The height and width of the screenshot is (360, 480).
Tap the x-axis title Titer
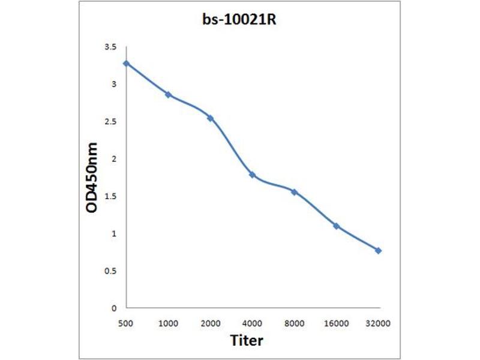[247, 341]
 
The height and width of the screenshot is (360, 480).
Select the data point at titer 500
[126, 63]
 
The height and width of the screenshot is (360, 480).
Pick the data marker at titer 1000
[168, 95]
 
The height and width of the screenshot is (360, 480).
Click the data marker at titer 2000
[210, 118]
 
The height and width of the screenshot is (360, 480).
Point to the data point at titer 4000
[252, 175]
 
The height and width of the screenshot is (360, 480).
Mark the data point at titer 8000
[294, 192]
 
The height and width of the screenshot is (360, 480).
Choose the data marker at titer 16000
[336, 226]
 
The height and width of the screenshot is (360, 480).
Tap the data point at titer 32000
[378, 250]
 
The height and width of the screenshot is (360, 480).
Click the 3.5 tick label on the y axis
[110, 47]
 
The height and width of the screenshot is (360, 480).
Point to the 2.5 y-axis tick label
[110, 122]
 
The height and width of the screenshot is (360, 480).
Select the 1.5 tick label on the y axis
[110, 196]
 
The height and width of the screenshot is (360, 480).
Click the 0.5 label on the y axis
[110, 271]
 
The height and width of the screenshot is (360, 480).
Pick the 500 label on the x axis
[126, 323]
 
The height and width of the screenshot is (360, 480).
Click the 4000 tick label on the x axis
[252, 323]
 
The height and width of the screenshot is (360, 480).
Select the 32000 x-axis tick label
[378, 323]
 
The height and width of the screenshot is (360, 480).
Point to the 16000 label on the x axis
[336, 323]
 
